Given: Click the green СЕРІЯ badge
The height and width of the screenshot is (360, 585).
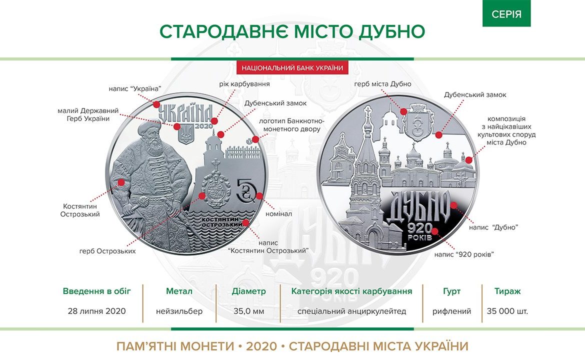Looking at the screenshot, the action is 506,13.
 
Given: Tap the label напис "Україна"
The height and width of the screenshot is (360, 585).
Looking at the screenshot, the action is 134,89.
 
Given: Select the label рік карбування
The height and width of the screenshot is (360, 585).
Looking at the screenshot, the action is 244,84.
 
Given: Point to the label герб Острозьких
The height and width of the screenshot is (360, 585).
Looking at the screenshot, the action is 107,251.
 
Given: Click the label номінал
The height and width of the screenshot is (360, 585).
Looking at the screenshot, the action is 278,214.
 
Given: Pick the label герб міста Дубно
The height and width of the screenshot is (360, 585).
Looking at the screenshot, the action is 382,84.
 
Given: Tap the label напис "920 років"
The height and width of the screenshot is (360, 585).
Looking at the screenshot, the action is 464,254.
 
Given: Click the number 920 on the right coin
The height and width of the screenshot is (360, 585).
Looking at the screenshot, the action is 419,228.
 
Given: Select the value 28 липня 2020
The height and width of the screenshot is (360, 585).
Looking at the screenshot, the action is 96,311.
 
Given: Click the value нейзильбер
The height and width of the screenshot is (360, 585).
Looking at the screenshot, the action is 179,311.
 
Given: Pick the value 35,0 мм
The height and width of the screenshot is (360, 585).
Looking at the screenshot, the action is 249,311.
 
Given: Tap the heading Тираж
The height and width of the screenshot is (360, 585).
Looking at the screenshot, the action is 507,291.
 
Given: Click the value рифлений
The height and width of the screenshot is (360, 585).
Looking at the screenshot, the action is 451,311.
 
